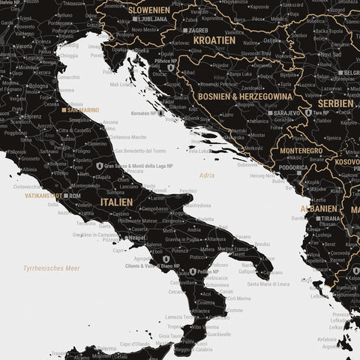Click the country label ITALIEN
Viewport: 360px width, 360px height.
117,202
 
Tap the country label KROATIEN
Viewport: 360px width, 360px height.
214,39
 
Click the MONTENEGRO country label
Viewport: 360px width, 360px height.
300,151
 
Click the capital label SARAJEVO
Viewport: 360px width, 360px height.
286,112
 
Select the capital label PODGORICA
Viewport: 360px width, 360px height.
295,168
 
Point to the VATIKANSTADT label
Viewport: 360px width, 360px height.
43,196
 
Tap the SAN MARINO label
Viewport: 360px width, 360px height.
82,110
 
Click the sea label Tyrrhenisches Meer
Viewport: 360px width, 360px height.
51,268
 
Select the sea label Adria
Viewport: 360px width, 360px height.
206,175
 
